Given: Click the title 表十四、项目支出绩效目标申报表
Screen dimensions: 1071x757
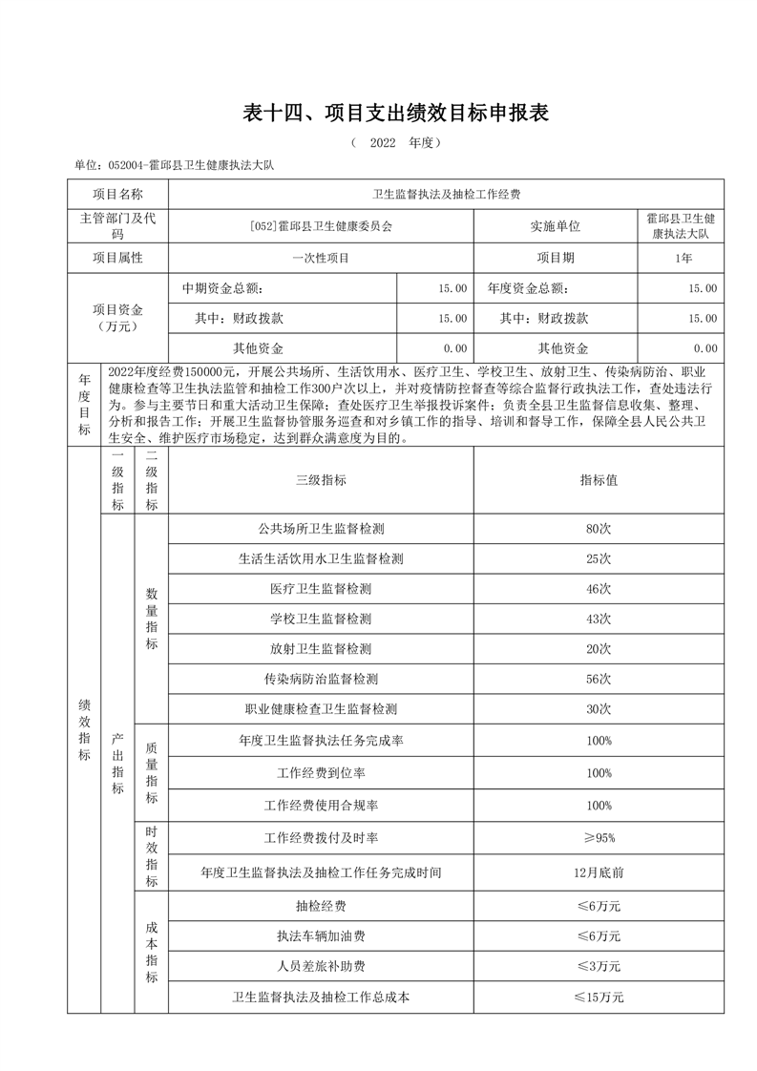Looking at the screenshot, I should (396, 114).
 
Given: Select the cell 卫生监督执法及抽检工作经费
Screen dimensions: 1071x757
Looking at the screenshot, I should (446, 195).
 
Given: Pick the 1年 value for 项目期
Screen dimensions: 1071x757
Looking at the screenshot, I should (683, 258).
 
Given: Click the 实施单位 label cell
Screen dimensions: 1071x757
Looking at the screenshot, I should (555, 226).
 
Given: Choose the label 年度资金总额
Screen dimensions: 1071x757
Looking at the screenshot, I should (527, 288).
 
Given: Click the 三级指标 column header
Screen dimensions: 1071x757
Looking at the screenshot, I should (320, 480).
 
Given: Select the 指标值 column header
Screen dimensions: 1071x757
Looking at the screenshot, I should (599, 480).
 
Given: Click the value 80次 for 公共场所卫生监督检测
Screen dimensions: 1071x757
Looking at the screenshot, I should (599, 528).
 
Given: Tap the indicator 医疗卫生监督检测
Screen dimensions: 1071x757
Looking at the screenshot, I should (320, 589).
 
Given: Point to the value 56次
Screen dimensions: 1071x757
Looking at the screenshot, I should (599, 679).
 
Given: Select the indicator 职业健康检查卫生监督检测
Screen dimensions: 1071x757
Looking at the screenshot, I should (320, 709).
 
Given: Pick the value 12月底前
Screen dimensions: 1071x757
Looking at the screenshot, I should (599, 871).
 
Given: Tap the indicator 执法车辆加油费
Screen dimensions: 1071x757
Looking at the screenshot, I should (320, 935).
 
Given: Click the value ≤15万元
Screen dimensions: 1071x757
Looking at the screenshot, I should (599, 997).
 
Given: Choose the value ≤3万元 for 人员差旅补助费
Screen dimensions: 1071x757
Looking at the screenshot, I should (599, 966).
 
